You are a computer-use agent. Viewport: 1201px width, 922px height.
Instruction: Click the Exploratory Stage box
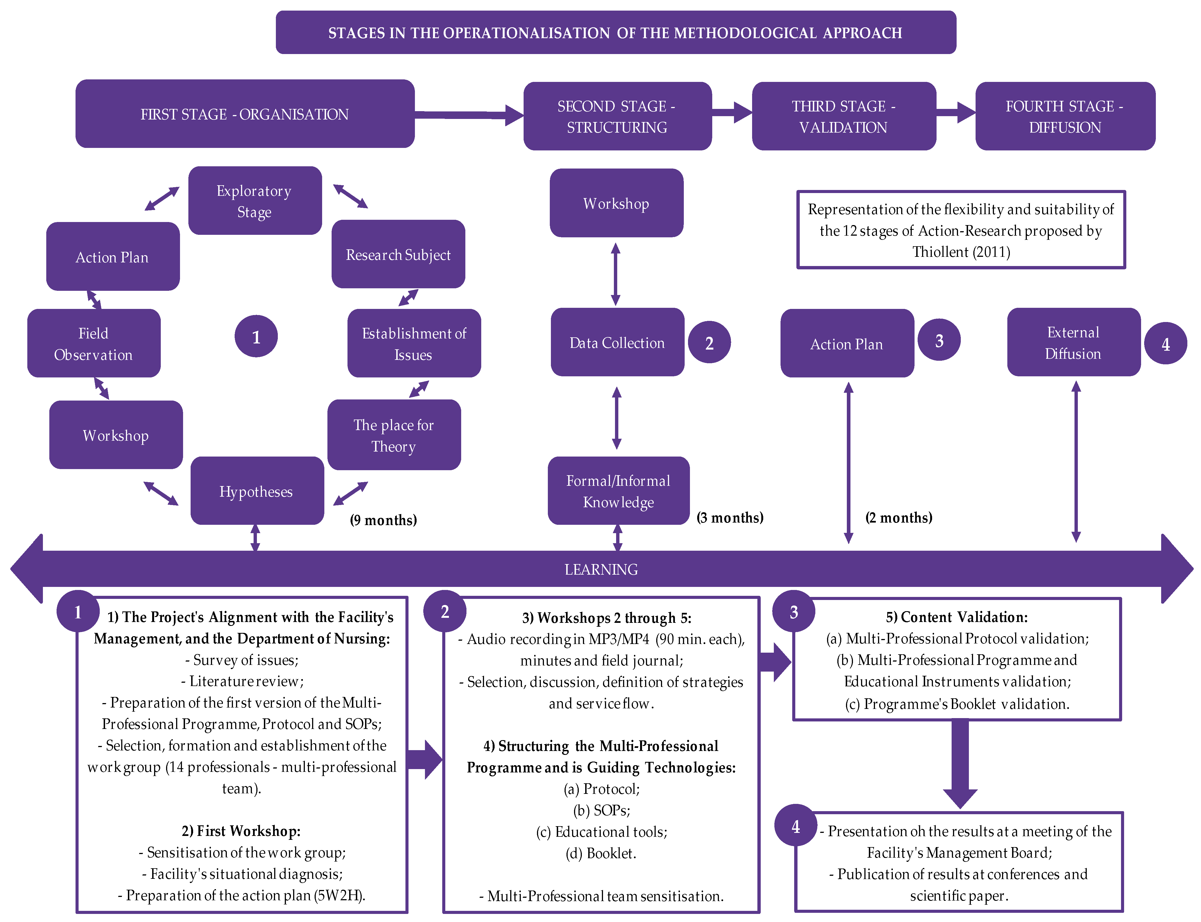255,201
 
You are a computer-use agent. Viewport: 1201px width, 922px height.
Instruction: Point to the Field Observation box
93,343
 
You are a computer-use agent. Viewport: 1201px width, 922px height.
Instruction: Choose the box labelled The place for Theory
393,435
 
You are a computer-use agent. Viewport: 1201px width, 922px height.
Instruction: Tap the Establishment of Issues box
414,343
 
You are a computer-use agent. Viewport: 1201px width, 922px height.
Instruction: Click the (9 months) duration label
383,520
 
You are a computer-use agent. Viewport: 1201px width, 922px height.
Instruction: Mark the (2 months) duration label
899,518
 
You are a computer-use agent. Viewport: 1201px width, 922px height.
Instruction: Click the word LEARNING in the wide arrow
601,569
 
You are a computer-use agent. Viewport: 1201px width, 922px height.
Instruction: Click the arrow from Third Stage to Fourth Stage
956,113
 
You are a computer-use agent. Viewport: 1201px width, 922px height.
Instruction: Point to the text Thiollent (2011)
961,252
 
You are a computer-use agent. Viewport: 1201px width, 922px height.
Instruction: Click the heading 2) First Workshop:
241,831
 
